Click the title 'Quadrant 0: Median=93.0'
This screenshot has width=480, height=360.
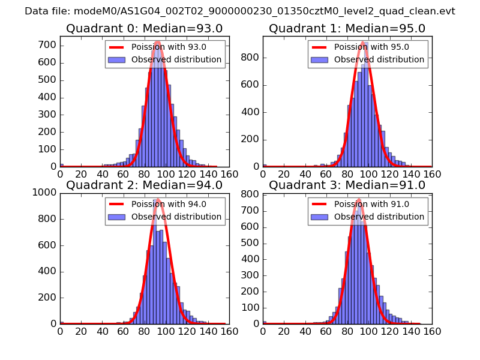point(144,29)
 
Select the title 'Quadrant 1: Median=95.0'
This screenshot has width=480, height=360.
point(347,29)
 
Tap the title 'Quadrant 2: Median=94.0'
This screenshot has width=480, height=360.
point(144,185)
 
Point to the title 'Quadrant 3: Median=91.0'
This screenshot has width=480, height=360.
point(347,185)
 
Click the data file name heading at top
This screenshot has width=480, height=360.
point(240,11)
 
